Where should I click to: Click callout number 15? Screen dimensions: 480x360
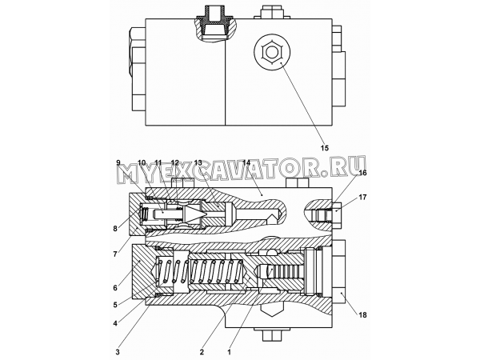[x=325, y=148]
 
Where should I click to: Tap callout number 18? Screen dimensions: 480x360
[x=362, y=315]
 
